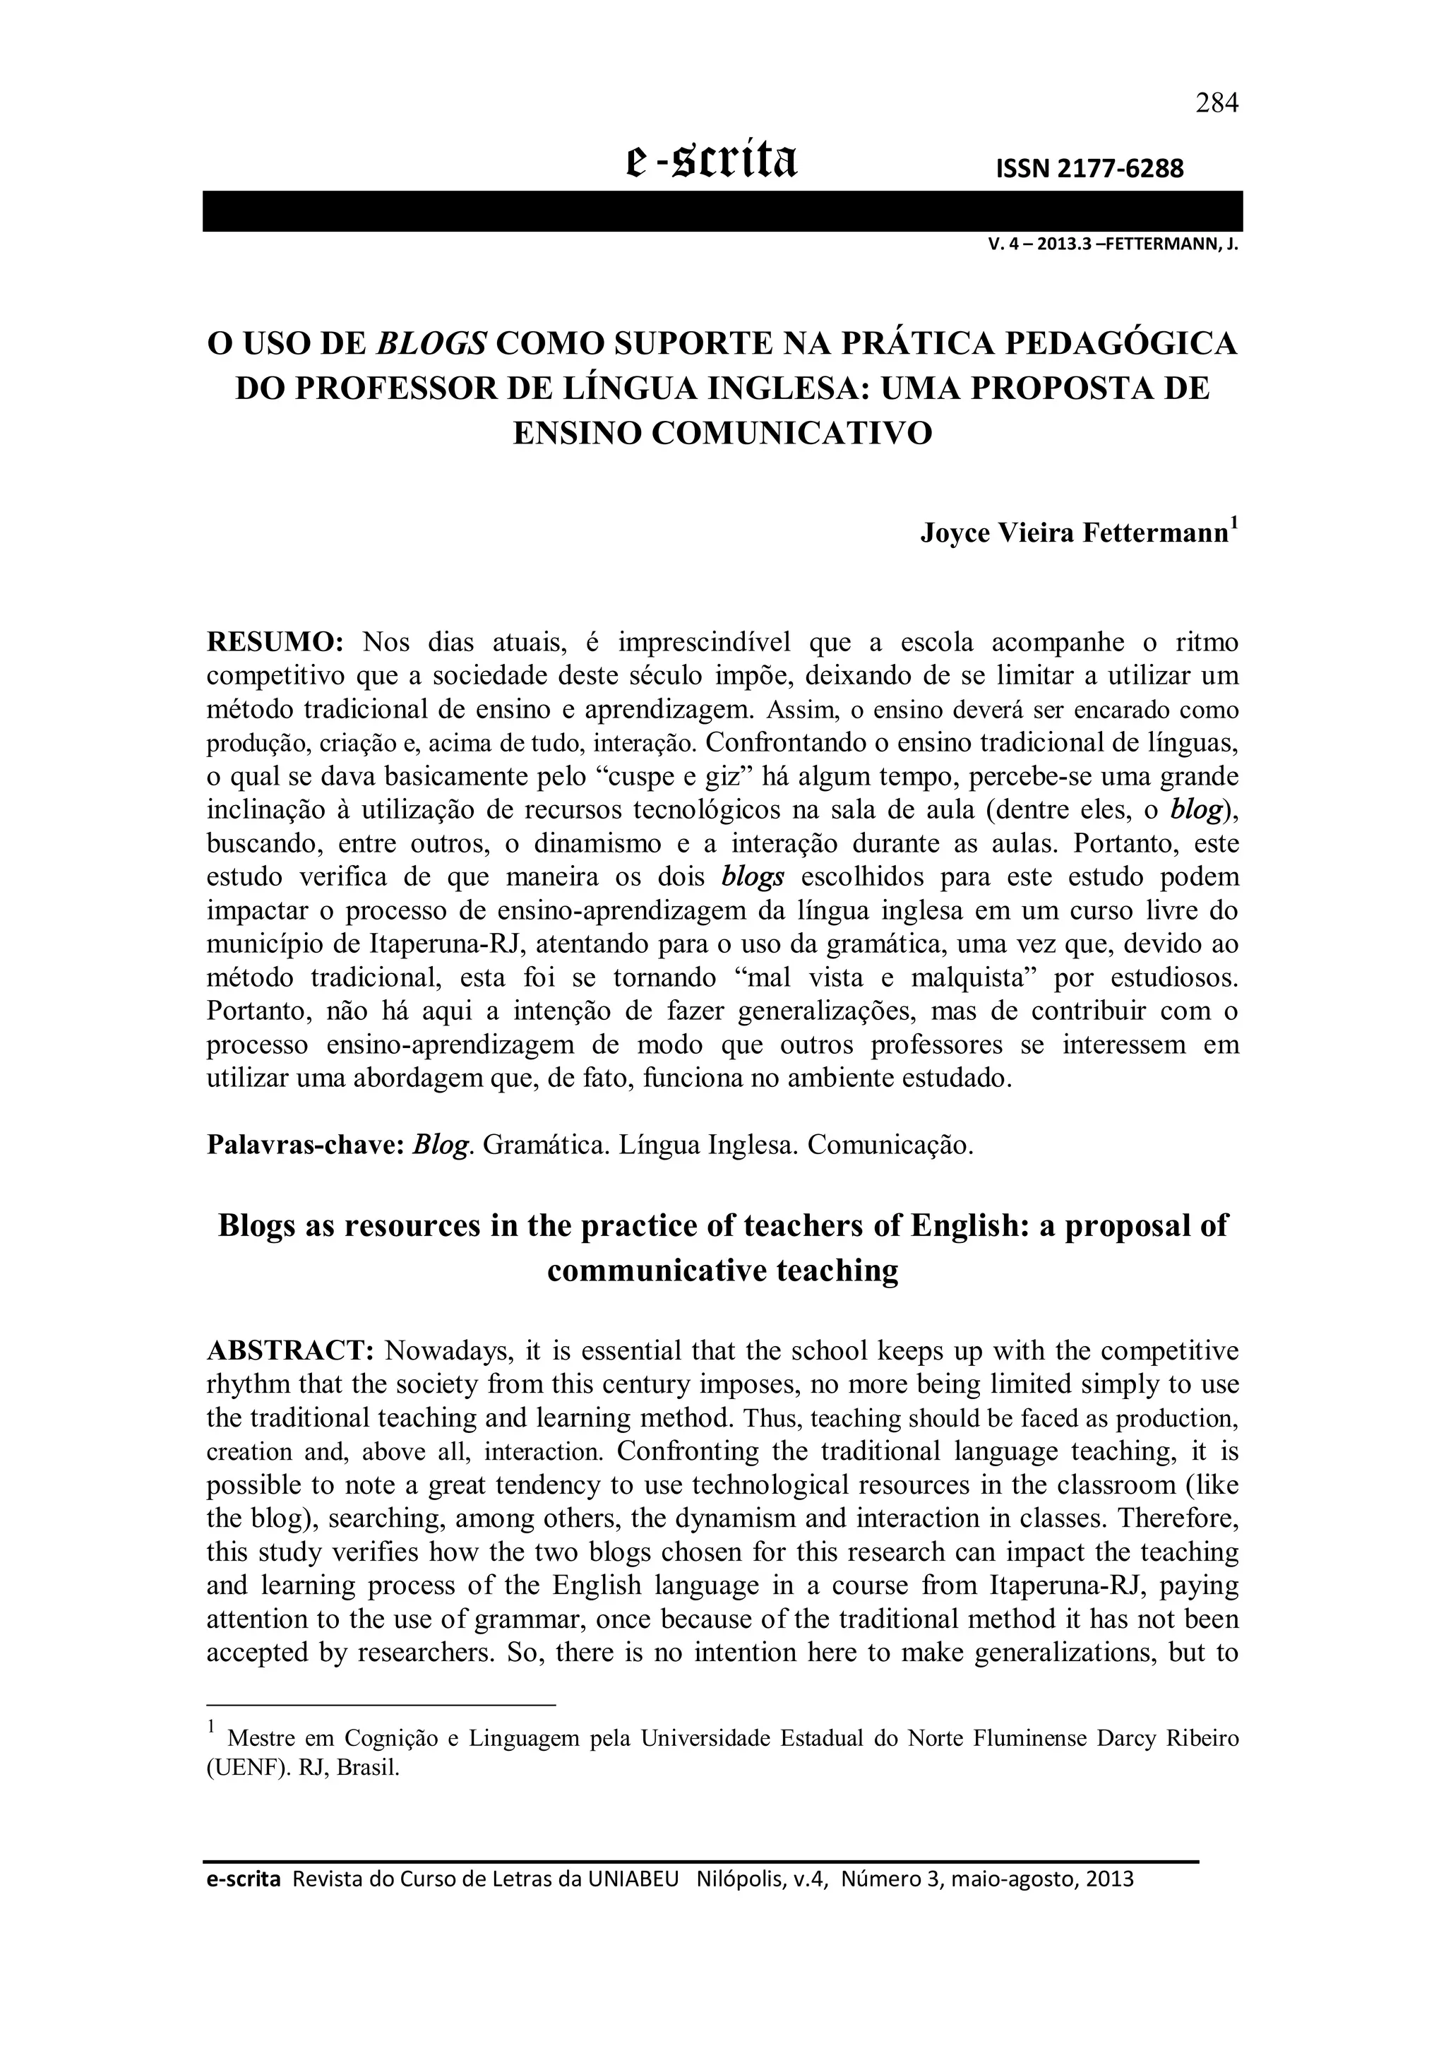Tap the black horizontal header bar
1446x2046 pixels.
[x=722, y=211]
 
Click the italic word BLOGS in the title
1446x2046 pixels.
[x=433, y=343]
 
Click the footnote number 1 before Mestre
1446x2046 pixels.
[x=211, y=1727]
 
